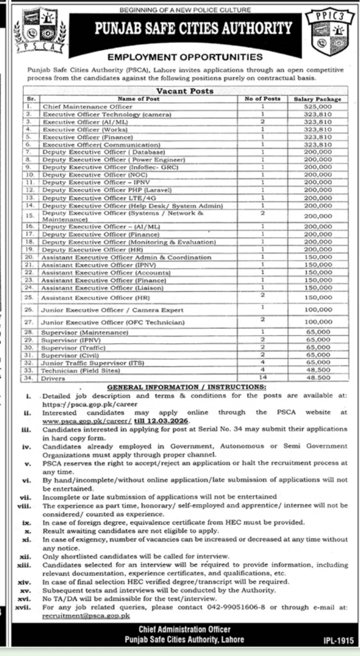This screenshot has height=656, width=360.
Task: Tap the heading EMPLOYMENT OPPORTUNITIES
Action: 184,57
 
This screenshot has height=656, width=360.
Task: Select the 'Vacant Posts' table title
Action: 184,91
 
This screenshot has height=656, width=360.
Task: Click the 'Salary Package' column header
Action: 317,99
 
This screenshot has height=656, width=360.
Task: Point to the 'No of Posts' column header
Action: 262,99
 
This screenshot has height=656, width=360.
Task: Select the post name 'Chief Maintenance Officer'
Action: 87,106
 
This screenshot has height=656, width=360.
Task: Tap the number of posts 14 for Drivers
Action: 262,378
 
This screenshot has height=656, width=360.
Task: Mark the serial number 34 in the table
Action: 29,378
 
